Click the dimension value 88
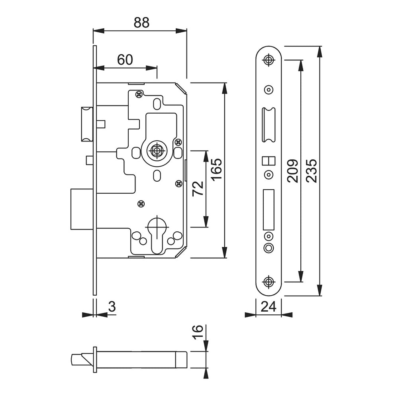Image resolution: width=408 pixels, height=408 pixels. [x=141, y=23]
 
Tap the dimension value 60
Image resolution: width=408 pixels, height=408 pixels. [x=125, y=60]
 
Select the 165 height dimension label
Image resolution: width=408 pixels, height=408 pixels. [x=216, y=169]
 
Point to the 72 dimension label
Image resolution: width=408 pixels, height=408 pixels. [x=198, y=188]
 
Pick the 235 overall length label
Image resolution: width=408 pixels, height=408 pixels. [x=311, y=171]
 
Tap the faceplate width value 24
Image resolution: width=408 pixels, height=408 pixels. [x=268, y=307]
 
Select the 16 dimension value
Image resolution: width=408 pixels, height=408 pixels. [x=198, y=331]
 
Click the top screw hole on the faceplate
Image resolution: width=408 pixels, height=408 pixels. [x=269, y=60]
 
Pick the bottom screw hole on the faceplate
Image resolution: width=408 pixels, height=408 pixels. [x=269, y=282]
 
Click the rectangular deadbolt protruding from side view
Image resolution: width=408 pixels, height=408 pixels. [x=82, y=209]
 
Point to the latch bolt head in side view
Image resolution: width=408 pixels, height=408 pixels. [x=87, y=124]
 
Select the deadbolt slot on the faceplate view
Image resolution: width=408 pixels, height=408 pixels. [x=269, y=210]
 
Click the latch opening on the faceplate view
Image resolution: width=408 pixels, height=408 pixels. [x=269, y=125]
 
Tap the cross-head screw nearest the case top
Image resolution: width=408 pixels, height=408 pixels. [x=139, y=94]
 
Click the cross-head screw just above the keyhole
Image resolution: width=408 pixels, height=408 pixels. [x=141, y=204]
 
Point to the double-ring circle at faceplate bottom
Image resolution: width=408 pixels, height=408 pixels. [x=269, y=247]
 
